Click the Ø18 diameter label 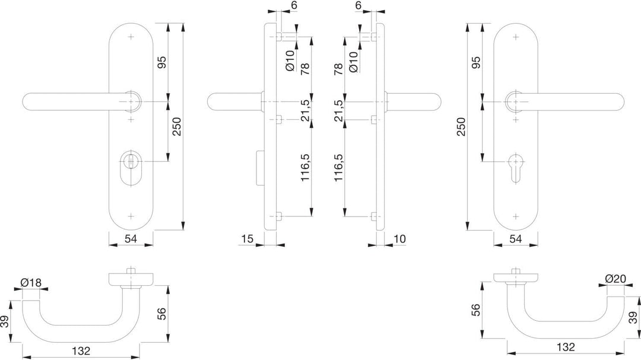[x=31, y=282]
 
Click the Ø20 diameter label [x=615, y=279]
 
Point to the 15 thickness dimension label [x=247, y=238]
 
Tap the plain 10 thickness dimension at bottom [x=399, y=238]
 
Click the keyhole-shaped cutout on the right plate [x=516, y=166]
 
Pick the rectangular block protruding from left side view [x=259, y=167]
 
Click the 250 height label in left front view [x=176, y=127]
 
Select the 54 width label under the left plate [x=131, y=238]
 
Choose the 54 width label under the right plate [x=516, y=238]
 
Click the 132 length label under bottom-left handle [x=81, y=351]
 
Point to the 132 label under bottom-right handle [x=566, y=347]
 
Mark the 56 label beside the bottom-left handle [x=162, y=313]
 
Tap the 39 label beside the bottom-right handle [x=633, y=317]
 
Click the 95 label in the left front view [x=162, y=62]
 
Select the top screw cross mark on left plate [x=131, y=37]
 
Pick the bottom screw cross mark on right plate [x=516, y=216]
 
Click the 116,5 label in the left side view [x=306, y=168]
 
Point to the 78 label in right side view [x=338, y=69]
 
